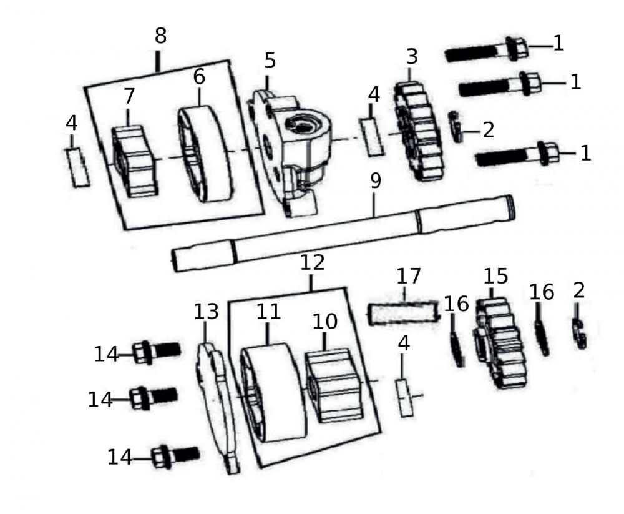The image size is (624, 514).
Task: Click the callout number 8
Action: point(160,36)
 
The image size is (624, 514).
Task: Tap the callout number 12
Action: point(312,263)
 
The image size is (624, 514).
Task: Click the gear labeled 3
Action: point(417,131)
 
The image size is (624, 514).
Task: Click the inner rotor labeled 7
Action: point(134,161)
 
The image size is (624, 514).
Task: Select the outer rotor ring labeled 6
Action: point(206,154)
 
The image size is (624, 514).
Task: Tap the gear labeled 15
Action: point(499,343)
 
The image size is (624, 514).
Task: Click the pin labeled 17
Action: point(399,313)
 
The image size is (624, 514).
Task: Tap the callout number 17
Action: point(409,275)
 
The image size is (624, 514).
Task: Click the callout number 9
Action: point(374,182)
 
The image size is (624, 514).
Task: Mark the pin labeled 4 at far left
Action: point(78,167)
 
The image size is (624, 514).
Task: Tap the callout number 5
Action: point(270,61)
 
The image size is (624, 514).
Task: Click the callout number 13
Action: point(206,310)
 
